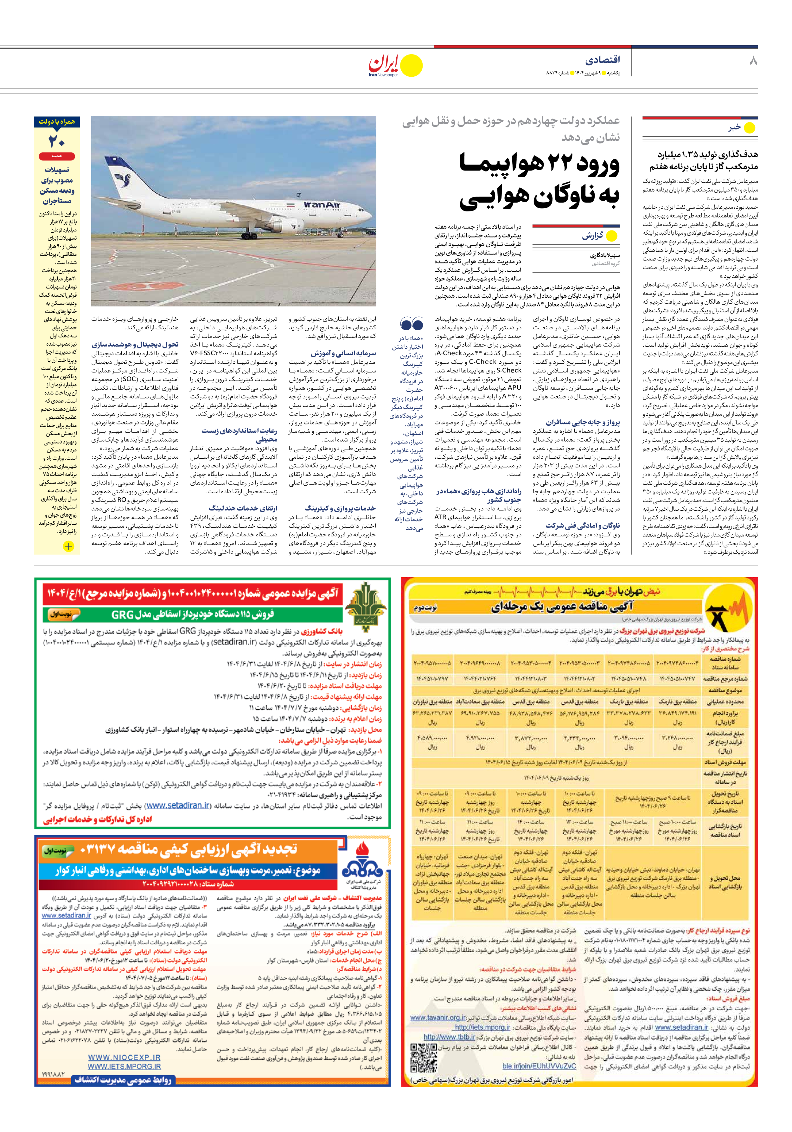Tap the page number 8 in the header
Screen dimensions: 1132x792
(753, 61)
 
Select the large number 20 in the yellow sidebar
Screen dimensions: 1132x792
(57, 141)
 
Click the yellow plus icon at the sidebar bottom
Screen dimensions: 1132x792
(68, 546)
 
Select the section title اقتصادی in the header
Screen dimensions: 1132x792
(602, 60)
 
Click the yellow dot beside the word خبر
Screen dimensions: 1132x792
(749, 128)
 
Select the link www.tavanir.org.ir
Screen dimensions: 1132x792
(438, 1018)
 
